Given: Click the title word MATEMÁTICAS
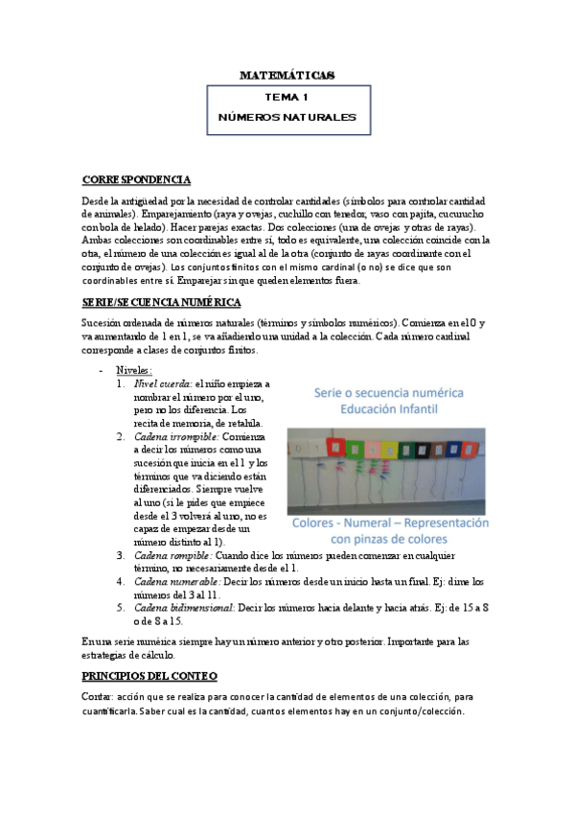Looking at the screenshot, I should click(x=287, y=75).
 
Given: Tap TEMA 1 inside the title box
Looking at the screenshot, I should click(x=287, y=98).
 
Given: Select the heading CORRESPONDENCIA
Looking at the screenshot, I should click(x=136, y=180).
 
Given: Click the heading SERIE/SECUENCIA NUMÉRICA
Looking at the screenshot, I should click(x=161, y=302).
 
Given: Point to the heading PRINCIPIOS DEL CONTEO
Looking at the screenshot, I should click(x=149, y=677).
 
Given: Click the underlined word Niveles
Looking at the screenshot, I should click(x=134, y=370).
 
